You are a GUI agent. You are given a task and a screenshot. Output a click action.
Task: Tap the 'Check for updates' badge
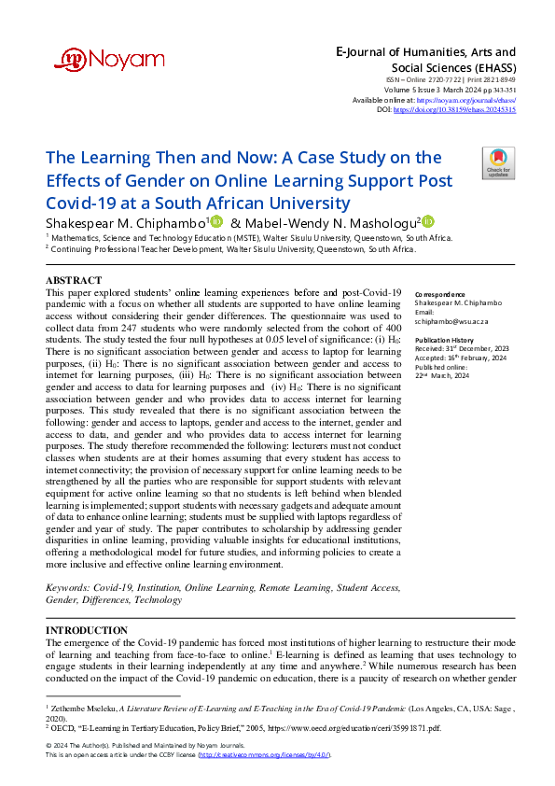pyautogui.click(x=498, y=163)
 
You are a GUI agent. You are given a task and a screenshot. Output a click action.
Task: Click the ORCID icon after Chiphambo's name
pyautogui.click(x=216, y=222)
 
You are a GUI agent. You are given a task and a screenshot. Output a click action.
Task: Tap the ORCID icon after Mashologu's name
pyautogui.click(x=428, y=222)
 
